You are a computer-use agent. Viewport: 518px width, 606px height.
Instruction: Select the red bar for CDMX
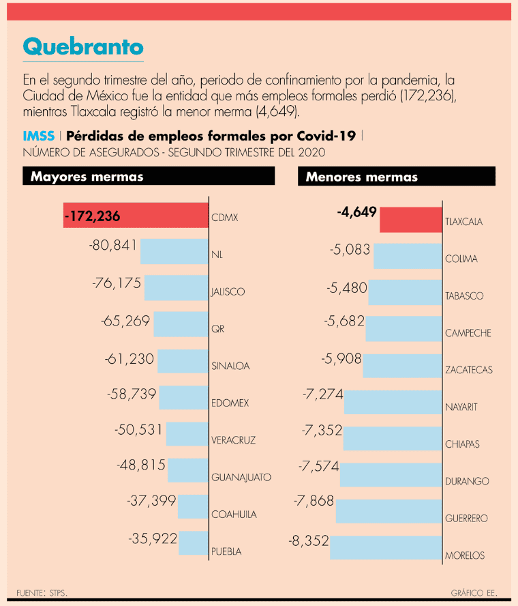click(136, 216)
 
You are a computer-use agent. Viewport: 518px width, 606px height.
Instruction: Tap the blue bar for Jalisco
click(176, 287)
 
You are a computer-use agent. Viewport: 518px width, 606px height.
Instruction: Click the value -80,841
click(113, 245)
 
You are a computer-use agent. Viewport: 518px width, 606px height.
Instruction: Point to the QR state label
click(217, 329)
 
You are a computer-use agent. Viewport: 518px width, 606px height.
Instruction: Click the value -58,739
click(132, 394)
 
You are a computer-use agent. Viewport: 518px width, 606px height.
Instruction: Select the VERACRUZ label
click(233, 440)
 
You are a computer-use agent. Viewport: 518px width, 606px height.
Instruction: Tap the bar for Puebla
click(193, 543)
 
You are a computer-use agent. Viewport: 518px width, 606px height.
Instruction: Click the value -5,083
click(350, 250)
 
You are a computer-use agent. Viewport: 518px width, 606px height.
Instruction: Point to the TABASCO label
click(464, 296)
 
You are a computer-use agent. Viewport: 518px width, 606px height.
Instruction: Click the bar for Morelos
click(386, 547)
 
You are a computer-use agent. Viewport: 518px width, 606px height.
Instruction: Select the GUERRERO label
click(466, 519)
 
